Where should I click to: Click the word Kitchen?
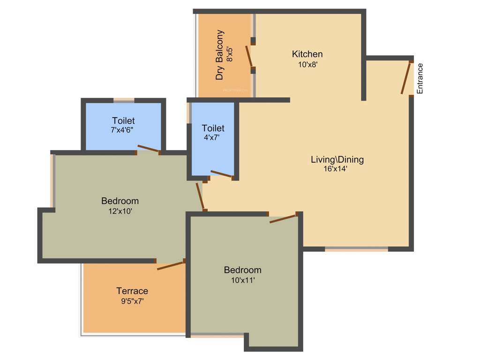307,54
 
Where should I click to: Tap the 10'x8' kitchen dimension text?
307,65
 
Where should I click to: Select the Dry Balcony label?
219,55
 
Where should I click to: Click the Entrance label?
420,79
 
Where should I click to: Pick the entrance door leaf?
406,78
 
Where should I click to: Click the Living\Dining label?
337,159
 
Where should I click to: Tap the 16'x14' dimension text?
336,170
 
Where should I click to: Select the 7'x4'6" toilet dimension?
123,131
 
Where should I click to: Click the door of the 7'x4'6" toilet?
148,149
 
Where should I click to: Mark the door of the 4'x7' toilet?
221,174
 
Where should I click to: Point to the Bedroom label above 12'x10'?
120,201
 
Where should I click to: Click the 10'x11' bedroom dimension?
242,280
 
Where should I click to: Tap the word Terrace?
132,291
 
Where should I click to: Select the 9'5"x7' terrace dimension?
132,301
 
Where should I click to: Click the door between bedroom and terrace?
171,265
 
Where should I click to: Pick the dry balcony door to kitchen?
249,56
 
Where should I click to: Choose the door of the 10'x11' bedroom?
284,218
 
